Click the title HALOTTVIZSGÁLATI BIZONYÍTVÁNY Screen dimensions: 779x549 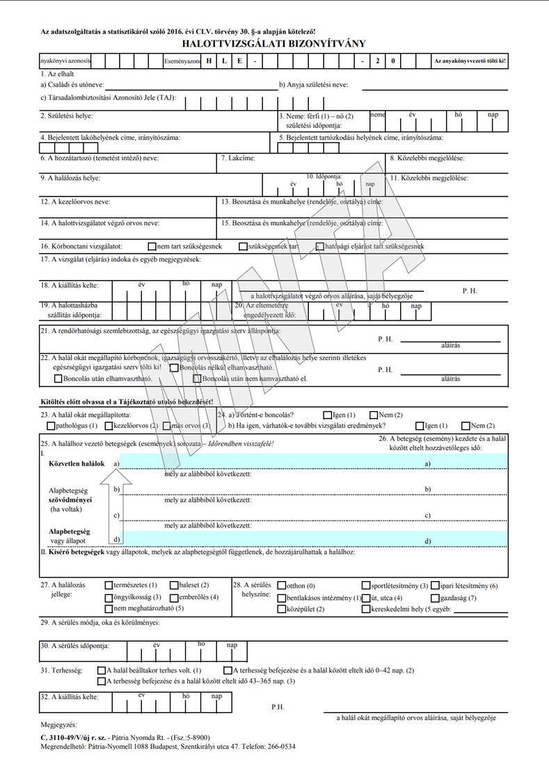tap(273, 44)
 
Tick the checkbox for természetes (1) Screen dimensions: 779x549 tap(108, 585)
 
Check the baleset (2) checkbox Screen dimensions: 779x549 tap(173, 585)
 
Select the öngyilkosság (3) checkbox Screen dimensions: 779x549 tap(108, 597)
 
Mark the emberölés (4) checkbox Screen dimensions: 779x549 tap(173, 597)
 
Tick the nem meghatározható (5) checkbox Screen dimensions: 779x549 tap(108, 609)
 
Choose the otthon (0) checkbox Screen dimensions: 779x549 tap(281, 585)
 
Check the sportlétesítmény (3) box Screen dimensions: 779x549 tap(366, 585)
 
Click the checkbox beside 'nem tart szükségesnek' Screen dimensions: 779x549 tap(152, 246)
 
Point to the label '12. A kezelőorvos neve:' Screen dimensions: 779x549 tap(75, 201)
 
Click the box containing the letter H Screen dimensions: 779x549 tap(208, 61)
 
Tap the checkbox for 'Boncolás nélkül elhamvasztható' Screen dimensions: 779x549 tap(174, 367)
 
